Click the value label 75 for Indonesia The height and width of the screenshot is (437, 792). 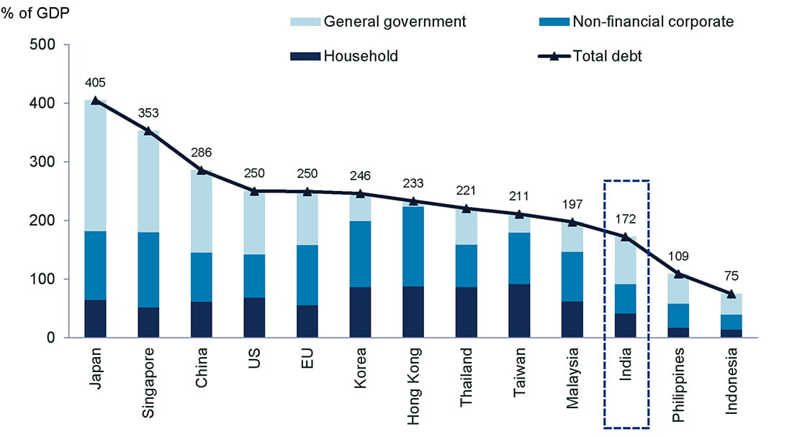tap(732, 276)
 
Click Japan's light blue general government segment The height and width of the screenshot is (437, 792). tap(95, 166)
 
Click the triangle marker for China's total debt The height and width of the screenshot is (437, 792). tap(202, 170)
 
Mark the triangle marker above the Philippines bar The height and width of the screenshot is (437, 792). tap(679, 274)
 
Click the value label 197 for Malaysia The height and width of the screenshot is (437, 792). tap(573, 204)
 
